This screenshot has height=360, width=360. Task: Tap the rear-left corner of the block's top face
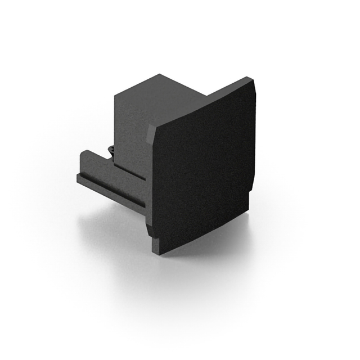116,93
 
